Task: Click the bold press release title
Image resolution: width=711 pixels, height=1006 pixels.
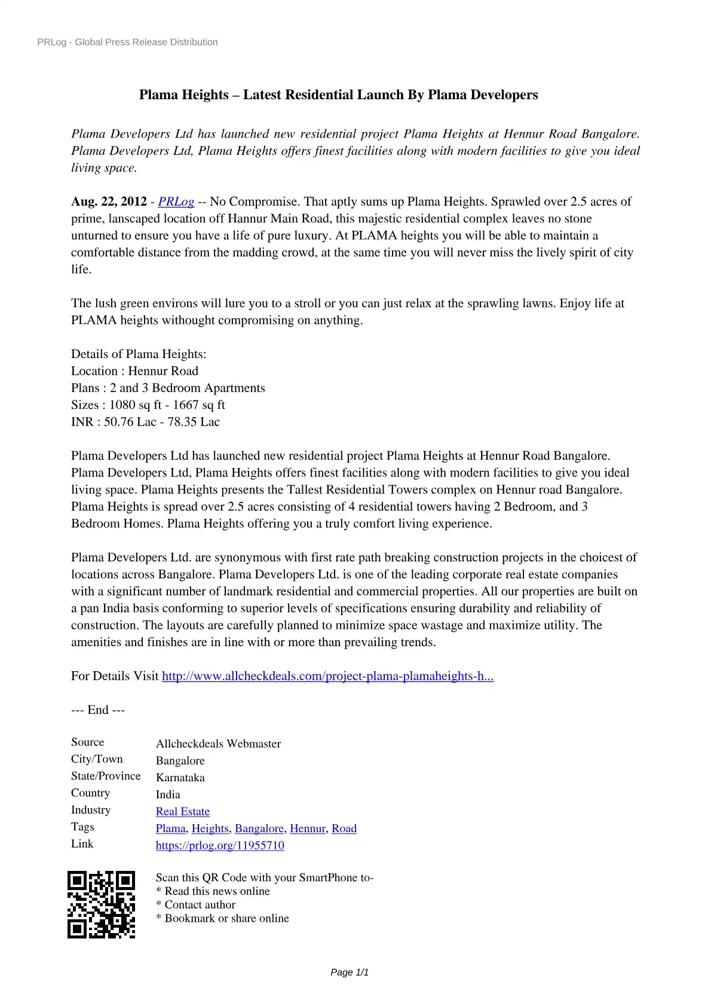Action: coord(338,95)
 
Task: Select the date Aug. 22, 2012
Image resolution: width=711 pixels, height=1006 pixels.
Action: coord(109,202)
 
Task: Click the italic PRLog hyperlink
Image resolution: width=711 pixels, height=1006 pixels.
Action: coord(176,202)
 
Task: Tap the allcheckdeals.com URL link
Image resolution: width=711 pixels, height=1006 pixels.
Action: coord(327,676)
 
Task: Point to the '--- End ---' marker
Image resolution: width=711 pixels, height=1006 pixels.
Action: coord(98,710)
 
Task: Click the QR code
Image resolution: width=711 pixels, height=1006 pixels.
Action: coord(101,904)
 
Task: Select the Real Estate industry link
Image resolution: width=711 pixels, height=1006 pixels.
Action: coord(183,812)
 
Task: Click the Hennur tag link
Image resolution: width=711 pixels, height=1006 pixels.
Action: coord(307,828)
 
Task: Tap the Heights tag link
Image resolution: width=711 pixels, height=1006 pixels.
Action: coord(210,828)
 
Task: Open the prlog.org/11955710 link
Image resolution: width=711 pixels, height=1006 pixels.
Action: coord(220,845)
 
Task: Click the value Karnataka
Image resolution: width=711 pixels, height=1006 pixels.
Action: coord(180,778)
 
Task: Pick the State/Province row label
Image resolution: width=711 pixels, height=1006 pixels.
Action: coord(106,776)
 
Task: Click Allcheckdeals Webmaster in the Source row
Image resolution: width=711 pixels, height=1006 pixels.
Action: coord(218,744)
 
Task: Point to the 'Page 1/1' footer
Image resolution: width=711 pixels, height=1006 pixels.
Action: coord(350,973)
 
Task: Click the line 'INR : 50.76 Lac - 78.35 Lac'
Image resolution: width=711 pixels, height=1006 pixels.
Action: coord(145,422)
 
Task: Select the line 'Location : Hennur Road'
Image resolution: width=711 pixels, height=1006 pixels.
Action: coord(134,371)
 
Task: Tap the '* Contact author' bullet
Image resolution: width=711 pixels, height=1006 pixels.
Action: coord(195,905)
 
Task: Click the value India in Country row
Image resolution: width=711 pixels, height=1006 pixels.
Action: coord(168,794)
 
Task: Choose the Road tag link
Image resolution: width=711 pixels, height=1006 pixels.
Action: coord(344,828)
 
